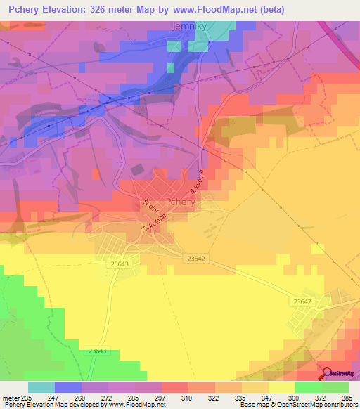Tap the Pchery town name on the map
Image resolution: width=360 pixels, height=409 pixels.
(176, 201)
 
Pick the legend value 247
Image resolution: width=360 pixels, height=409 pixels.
(63, 397)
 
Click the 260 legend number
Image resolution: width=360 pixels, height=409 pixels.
(90, 397)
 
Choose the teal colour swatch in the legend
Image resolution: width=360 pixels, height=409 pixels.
(41, 387)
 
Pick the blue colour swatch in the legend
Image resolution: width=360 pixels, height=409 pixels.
(68, 387)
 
